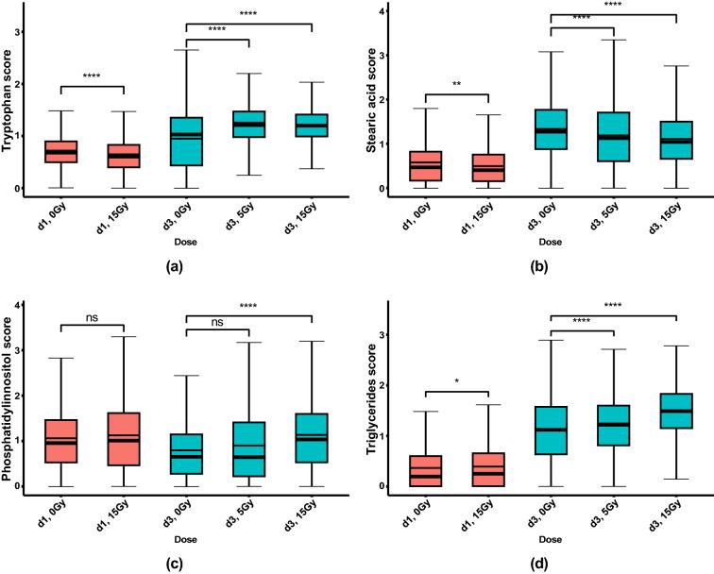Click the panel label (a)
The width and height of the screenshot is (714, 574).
(173, 267)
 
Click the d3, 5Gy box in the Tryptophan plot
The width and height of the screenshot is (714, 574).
(248, 124)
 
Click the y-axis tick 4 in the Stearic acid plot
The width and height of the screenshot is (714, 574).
(380, 11)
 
